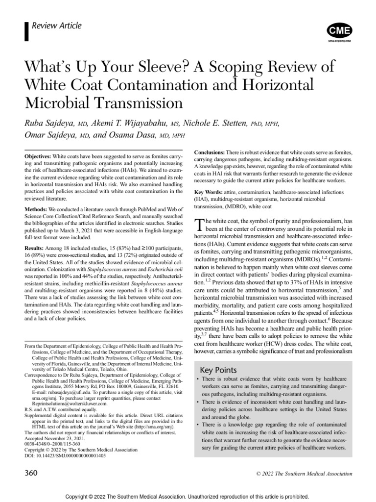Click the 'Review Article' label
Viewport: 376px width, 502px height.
coord(56,26)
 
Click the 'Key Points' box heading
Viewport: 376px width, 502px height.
coord(218,370)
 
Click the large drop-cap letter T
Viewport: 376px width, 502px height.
coord(199,226)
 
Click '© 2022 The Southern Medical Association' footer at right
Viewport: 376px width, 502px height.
coord(304,474)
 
